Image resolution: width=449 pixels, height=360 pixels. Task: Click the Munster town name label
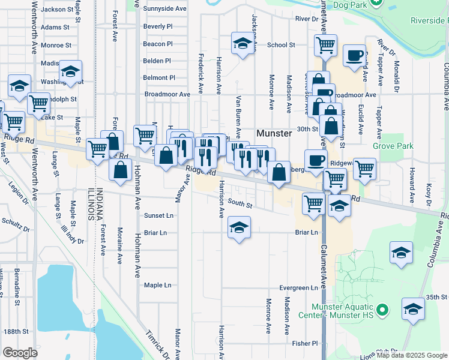click(x=274, y=133)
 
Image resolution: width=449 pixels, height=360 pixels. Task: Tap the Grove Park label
click(x=393, y=145)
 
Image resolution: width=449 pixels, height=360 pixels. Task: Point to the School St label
click(x=281, y=44)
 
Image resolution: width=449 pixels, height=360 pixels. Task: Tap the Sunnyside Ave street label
click(x=166, y=9)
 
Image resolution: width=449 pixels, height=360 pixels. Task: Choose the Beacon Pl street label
click(x=158, y=44)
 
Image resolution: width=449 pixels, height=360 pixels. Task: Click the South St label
click(x=240, y=205)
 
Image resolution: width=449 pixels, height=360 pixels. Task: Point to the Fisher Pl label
click(x=305, y=343)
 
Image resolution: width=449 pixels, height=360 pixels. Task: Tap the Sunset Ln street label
click(x=158, y=215)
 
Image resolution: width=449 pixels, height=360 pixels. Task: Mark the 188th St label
click(x=16, y=331)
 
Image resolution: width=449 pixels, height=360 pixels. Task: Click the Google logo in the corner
click(x=20, y=353)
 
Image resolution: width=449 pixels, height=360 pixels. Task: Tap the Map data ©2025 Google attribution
click(x=411, y=355)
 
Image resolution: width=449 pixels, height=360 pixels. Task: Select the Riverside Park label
click(x=429, y=20)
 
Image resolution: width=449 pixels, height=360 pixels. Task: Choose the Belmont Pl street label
click(x=159, y=77)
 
